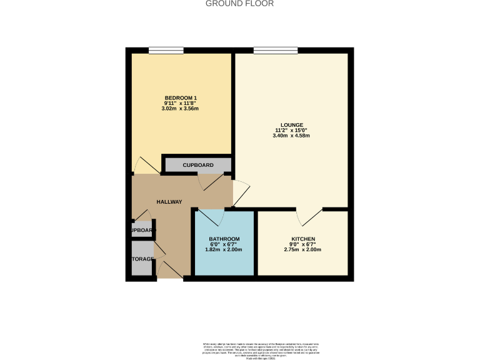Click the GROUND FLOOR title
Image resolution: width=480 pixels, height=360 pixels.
click(x=240, y=4)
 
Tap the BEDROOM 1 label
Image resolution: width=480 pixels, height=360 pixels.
click(x=181, y=97)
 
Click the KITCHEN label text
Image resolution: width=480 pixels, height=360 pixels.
click(x=302, y=239)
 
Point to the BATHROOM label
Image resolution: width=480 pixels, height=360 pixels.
click(x=224, y=239)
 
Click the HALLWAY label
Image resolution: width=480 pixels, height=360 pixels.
click(x=169, y=202)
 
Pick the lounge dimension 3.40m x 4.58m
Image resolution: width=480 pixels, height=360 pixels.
click(x=292, y=136)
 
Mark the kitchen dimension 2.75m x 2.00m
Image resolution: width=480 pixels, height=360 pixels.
click(x=302, y=250)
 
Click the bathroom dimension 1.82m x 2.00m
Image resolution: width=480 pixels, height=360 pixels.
click(x=224, y=250)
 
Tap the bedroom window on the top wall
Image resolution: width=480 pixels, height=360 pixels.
click(x=166, y=51)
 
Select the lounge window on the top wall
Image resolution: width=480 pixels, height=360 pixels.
click(x=275, y=51)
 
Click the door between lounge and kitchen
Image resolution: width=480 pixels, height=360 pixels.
click(x=309, y=216)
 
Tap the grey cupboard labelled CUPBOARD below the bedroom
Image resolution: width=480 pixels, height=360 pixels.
click(x=197, y=165)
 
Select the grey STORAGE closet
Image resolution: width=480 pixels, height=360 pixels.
click(x=142, y=259)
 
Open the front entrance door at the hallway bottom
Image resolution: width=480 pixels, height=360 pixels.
click(x=169, y=270)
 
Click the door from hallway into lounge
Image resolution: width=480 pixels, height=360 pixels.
click(x=240, y=192)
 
